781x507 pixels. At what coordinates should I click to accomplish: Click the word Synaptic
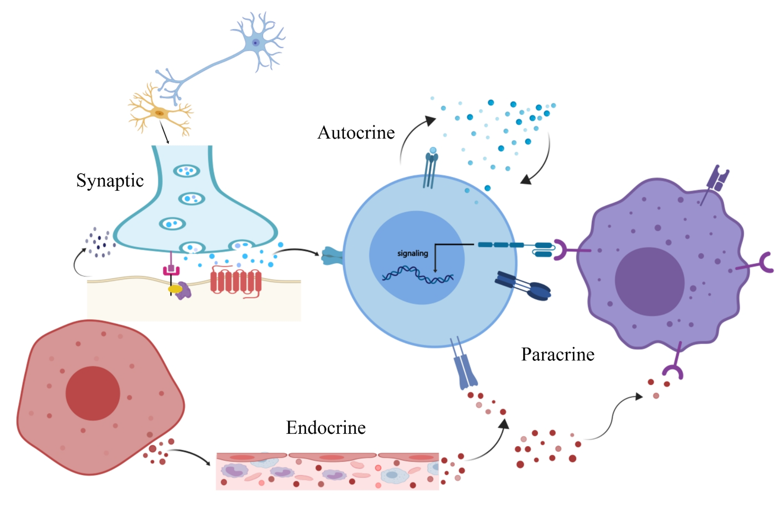pyautogui.click(x=110, y=180)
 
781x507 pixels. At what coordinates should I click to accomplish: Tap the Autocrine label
pyautogui.click(x=356, y=133)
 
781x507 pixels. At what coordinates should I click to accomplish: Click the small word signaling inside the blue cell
pyautogui.click(x=412, y=253)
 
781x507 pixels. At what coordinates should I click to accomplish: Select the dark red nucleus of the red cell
pyautogui.click(x=93, y=393)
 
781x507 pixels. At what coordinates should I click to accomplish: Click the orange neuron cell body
pyautogui.click(x=160, y=113)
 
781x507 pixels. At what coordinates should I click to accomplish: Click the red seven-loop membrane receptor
pyautogui.click(x=236, y=281)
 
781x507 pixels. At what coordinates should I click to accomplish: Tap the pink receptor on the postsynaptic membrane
pyautogui.click(x=171, y=270)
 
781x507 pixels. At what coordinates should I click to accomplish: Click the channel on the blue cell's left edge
pyautogui.click(x=332, y=256)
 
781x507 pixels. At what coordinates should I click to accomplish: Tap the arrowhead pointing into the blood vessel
pyautogui.click(x=208, y=463)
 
